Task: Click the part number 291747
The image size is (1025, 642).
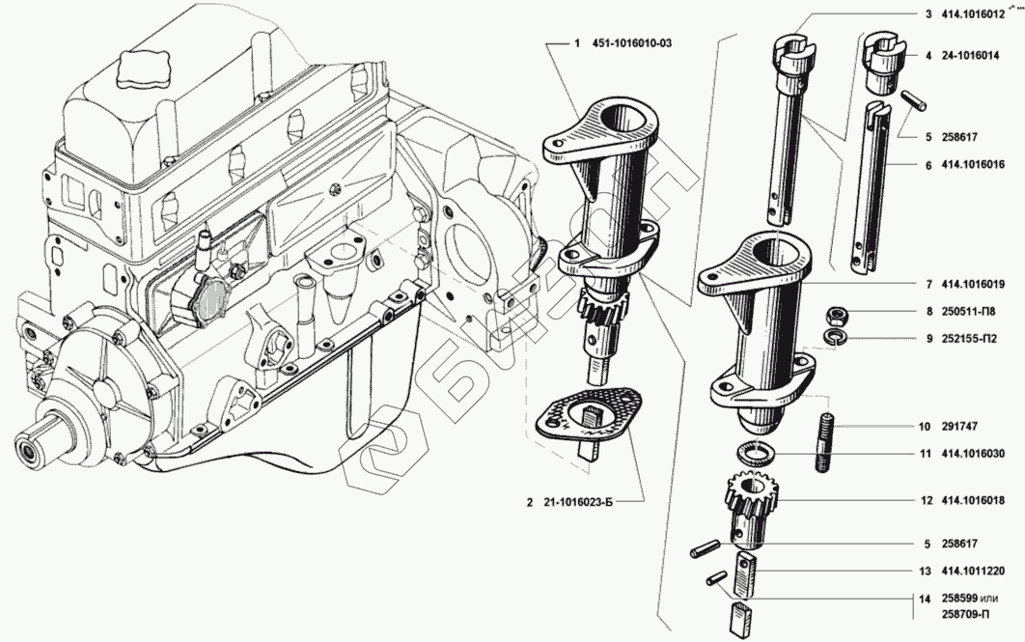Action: coord(957,425)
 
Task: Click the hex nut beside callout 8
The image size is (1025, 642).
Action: coord(838,315)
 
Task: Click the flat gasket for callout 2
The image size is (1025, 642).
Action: coord(587,419)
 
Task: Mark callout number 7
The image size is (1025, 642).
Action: coord(928,285)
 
